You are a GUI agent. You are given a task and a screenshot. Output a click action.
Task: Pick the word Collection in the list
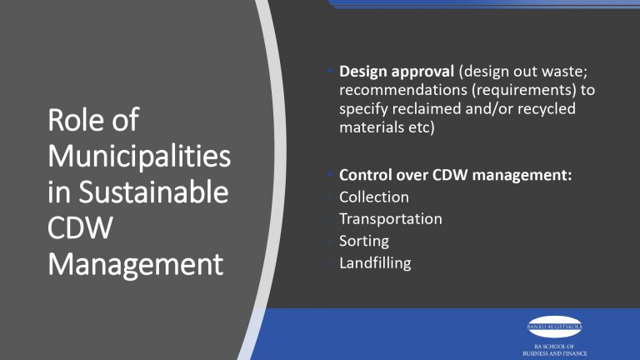pyautogui.click(x=374, y=197)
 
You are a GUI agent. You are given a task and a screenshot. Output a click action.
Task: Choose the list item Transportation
pyautogui.click(x=391, y=219)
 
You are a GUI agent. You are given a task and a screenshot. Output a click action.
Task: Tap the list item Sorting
pyautogui.click(x=364, y=241)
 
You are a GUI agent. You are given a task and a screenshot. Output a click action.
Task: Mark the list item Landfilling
pyautogui.click(x=375, y=263)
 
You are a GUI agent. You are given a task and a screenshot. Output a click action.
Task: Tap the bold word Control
pyautogui.click(x=364, y=176)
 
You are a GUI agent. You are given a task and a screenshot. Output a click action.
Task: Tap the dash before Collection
pyautogui.click(x=332, y=197)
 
